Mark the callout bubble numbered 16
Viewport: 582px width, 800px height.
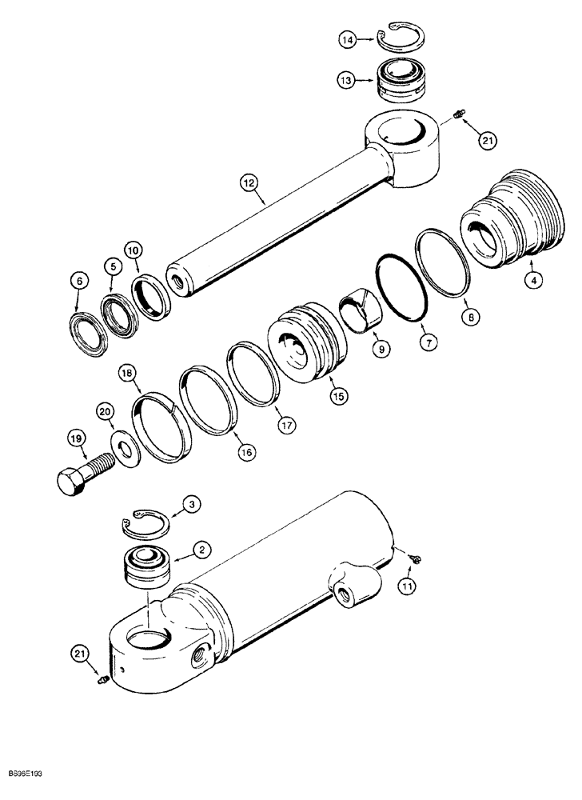(246, 452)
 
